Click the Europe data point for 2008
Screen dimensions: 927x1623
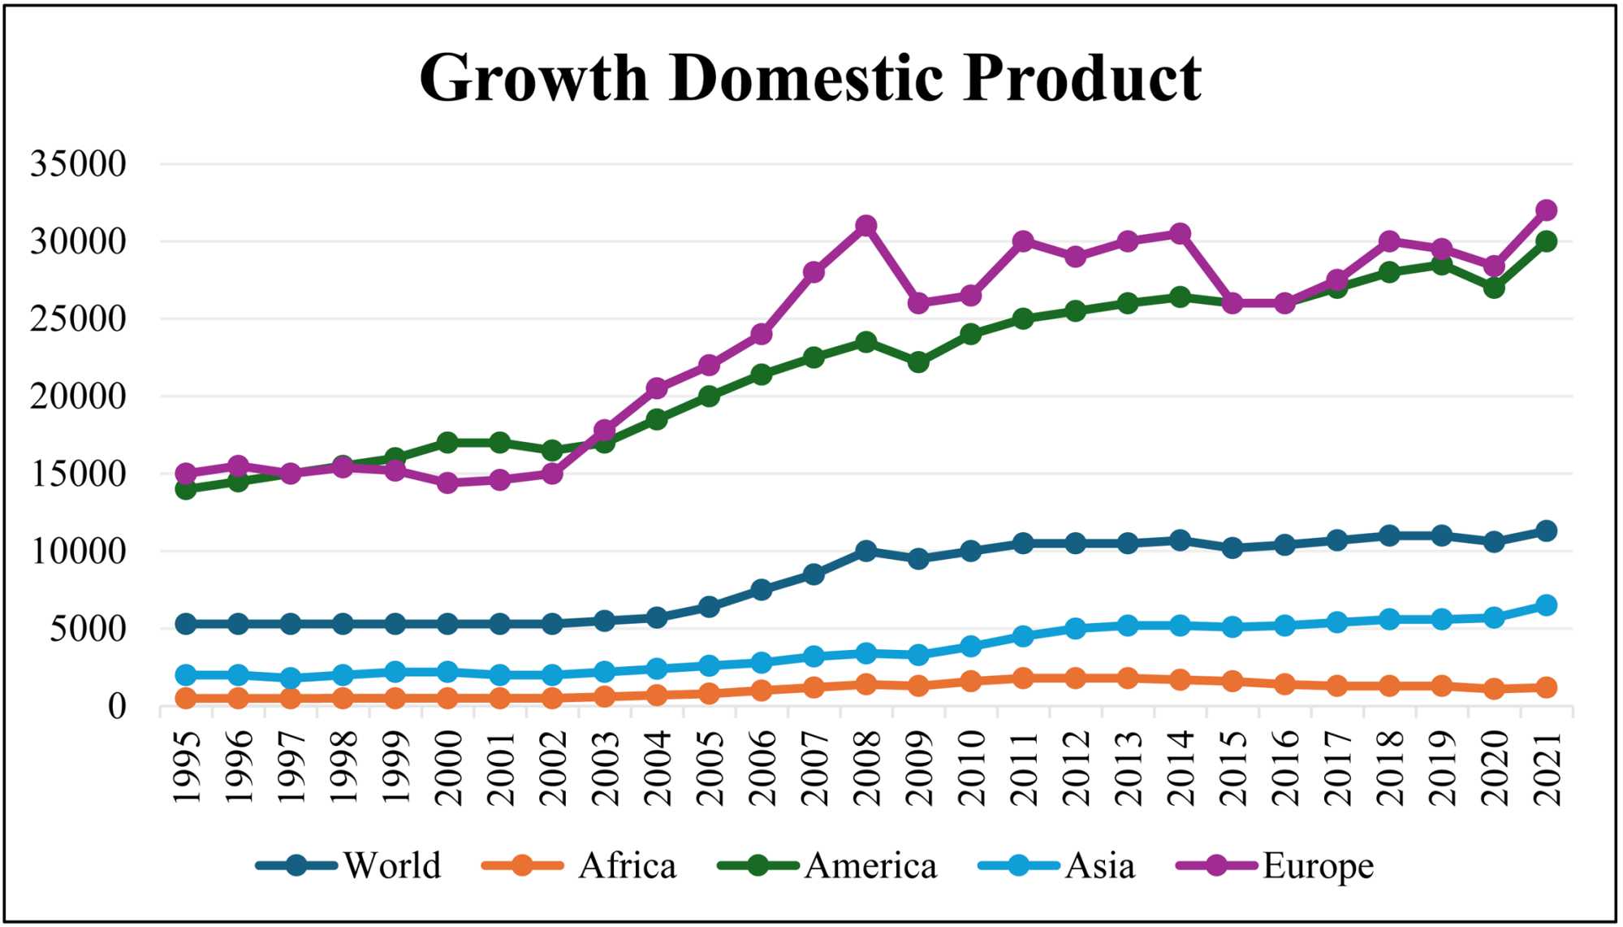(866, 225)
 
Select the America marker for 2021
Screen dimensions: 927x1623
(1546, 241)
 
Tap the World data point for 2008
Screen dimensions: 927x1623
(866, 551)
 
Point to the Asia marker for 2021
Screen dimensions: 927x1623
(1546, 605)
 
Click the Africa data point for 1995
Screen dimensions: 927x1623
(186, 698)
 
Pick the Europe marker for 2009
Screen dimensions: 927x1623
(918, 303)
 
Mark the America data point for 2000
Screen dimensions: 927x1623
(447, 443)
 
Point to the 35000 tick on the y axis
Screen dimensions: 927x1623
(79, 164)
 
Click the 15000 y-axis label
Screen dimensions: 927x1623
(79, 474)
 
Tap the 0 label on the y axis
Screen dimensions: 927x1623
(117, 707)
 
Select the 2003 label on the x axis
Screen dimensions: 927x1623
(606, 768)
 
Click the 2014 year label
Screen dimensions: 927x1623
(1181, 768)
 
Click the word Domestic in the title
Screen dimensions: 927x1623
(807, 78)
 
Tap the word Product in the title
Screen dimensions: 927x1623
(1082, 78)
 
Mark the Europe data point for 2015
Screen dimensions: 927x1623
(1232, 303)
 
